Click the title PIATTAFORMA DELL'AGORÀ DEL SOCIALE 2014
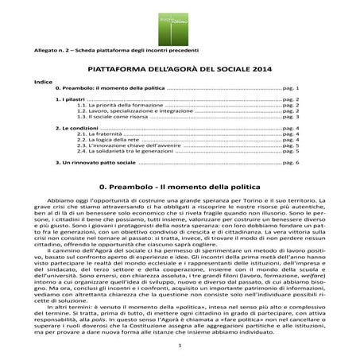[180, 68]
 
